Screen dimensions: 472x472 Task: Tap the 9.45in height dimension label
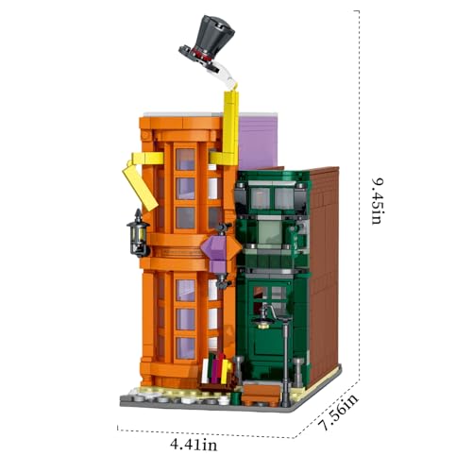point(377,201)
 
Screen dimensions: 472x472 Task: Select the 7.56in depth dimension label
point(337,413)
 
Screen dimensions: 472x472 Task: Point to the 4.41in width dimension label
point(194,445)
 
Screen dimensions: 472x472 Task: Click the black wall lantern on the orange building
point(138,233)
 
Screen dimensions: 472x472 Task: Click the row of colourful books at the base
point(216,367)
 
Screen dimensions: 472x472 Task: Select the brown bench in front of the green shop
point(261,395)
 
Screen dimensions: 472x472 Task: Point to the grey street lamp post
point(285,362)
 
